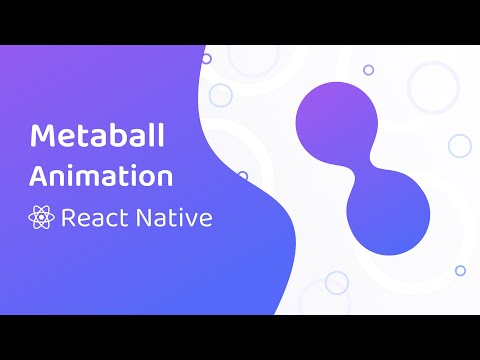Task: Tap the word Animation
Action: pos(101,177)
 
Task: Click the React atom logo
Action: pos(42,218)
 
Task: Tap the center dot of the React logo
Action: pos(42,218)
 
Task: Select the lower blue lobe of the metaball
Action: pos(384,215)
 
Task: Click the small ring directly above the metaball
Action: pos(368,70)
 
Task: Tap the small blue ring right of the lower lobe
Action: pos(460,270)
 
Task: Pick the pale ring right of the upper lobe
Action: pos(459,146)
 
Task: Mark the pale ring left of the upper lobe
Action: pos(220,95)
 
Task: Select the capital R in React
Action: pos(69,218)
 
